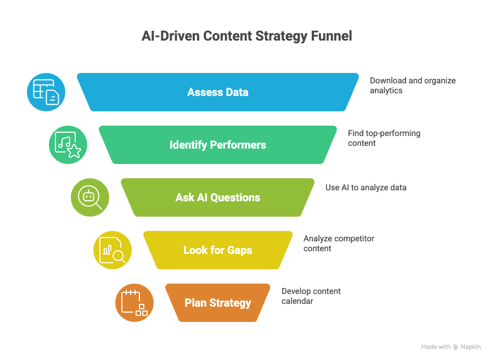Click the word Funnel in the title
pos(330,37)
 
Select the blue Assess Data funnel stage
pos(218,92)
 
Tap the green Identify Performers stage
pos(218,145)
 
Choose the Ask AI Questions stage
pos(218,197)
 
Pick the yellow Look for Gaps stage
pos(218,250)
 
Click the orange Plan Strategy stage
pos(218,303)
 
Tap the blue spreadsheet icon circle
pos(46,92)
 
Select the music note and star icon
pos(68,145)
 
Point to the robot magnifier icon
pos(90,197)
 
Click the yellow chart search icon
pos(113,250)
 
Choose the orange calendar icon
pos(134,303)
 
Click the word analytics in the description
pos(386,90)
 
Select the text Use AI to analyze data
pos(366,188)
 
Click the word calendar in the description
pos(297,301)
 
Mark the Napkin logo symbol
pos(456,347)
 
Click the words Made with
pos(436,347)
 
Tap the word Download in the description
pos(388,81)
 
